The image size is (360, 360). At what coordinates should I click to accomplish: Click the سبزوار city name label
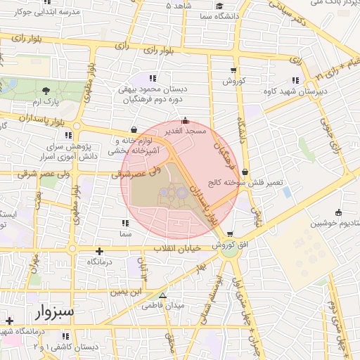(52, 310)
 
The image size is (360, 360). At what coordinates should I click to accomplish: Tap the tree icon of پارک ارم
(46, 91)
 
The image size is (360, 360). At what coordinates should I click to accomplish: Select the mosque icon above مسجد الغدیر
(185, 120)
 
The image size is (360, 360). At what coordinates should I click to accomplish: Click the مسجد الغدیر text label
(185, 131)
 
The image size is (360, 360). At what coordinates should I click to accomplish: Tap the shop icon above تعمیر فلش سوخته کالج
(245, 171)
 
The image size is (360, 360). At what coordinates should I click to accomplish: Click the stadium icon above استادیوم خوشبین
(339, 212)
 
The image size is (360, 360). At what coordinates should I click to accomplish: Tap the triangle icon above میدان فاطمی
(163, 296)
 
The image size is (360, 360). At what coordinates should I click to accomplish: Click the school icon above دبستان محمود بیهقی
(153, 77)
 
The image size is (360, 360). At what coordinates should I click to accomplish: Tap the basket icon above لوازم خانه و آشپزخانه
(134, 129)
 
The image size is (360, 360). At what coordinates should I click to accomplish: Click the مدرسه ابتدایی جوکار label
(45, 12)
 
